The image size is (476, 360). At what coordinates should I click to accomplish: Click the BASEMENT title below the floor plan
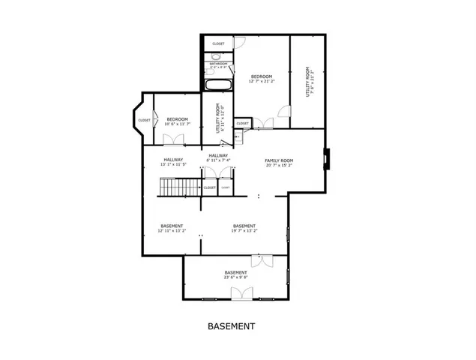pos(231,326)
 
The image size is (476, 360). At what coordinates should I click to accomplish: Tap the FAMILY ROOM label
pos(278,160)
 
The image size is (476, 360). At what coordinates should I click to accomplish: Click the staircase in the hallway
pos(180,187)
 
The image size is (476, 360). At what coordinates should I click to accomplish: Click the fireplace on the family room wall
pos(325,159)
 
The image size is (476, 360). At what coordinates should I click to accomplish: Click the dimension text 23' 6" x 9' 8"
pos(235,277)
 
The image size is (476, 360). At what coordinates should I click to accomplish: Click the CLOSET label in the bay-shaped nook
pos(144,120)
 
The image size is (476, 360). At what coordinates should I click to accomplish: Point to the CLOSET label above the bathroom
pos(218,43)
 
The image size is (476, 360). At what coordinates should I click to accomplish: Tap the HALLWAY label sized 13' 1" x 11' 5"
pos(173,160)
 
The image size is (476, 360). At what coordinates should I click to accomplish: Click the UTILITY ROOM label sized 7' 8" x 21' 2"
pos(307,82)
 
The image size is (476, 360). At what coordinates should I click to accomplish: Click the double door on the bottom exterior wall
pos(241,293)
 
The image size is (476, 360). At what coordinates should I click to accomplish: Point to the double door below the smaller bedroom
pos(174,139)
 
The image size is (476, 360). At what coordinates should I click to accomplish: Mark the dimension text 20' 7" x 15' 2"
pos(278,166)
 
